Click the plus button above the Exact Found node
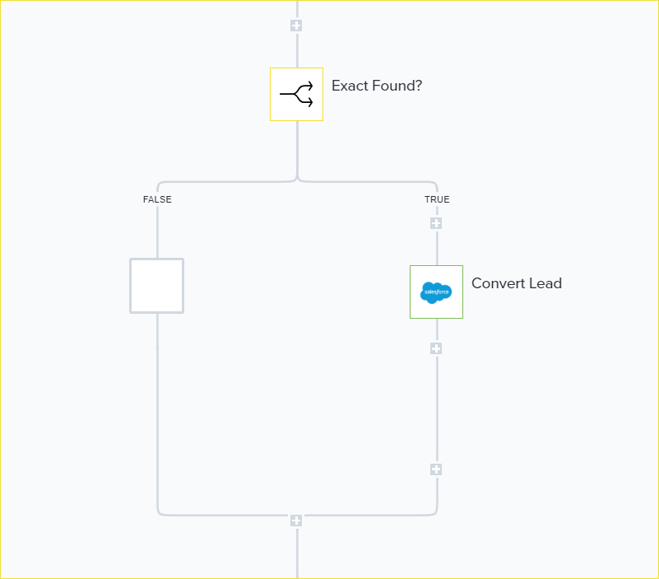click(296, 26)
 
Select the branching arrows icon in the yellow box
click(296, 95)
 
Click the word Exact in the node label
click(350, 85)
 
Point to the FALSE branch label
click(157, 199)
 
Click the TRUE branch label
click(437, 199)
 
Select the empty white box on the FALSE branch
click(156, 286)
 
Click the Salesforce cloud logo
click(436, 292)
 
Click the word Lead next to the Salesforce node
click(545, 283)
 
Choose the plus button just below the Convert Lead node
click(436, 348)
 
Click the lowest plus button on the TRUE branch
click(436, 469)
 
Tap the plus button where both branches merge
click(296, 521)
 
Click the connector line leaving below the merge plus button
click(296, 553)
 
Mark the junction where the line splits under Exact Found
click(296, 179)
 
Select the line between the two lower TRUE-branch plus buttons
click(436, 409)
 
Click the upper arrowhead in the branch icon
click(309, 86)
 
